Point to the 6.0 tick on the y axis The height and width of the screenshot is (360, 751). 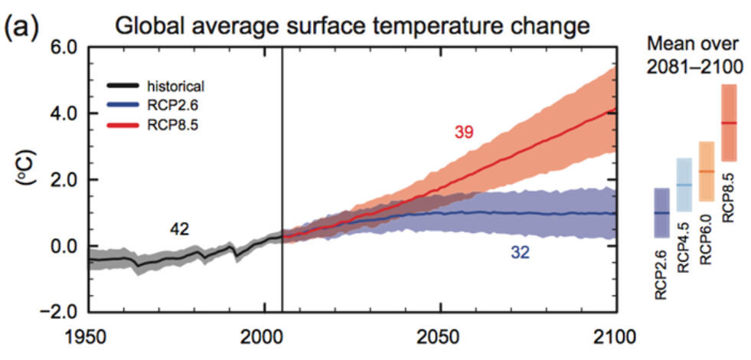click(x=64, y=47)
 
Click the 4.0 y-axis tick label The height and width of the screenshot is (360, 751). click(x=64, y=113)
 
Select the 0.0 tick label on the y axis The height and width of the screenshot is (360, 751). click(x=64, y=247)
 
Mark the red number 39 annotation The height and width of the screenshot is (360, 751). click(x=463, y=133)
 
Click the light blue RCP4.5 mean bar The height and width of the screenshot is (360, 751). click(x=684, y=185)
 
